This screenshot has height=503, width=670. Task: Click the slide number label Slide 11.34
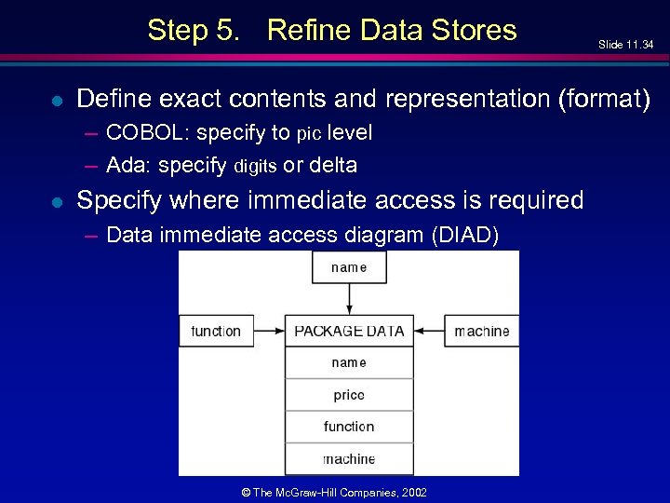[626, 45]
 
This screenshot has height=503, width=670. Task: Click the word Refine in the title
[310, 30]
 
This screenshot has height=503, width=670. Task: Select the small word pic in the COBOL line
[308, 134]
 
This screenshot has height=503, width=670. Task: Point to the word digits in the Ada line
[255, 167]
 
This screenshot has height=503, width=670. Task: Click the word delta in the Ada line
[332, 166]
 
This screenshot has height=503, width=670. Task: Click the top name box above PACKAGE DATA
[349, 267]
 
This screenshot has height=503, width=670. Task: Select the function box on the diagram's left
[216, 331]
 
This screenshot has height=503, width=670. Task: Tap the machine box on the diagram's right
[481, 331]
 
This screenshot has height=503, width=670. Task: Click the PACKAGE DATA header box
[349, 331]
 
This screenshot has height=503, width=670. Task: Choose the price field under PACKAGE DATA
[349, 395]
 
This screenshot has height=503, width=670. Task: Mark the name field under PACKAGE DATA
[349, 362]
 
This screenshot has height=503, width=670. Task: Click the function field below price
[349, 427]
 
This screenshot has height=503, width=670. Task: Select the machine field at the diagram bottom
[349, 458]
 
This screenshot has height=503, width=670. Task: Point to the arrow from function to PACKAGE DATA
[269, 331]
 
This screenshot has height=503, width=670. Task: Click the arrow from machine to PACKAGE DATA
[428, 331]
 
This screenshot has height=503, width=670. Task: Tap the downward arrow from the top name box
[349, 299]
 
